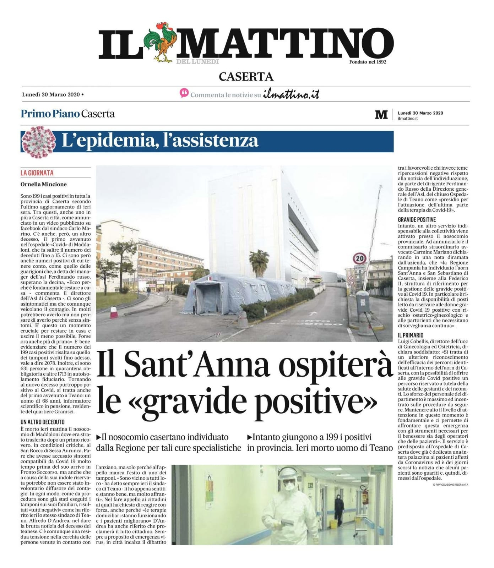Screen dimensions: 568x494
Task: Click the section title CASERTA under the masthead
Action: click(x=246, y=77)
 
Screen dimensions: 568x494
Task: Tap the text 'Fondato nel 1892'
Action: click(x=368, y=62)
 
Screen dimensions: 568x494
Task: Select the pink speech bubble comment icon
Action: click(x=184, y=93)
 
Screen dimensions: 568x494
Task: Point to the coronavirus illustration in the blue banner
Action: click(x=38, y=141)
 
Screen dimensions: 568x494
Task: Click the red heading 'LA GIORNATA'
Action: click(x=37, y=173)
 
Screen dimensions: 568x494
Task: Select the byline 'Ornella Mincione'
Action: click(x=44, y=184)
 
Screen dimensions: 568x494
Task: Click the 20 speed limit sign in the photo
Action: click(x=360, y=258)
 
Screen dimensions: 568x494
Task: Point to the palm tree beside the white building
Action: click(x=259, y=261)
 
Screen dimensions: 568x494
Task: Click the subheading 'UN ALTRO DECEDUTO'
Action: click(x=43, y=422)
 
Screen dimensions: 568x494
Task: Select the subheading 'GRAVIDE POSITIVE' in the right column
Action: click(x=417, y=220)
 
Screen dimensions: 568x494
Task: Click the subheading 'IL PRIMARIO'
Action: click(x=411, y=335)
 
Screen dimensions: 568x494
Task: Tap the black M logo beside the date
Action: click(x=381, y=115)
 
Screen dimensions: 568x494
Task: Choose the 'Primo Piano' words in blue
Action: click(x=50, y=114)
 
